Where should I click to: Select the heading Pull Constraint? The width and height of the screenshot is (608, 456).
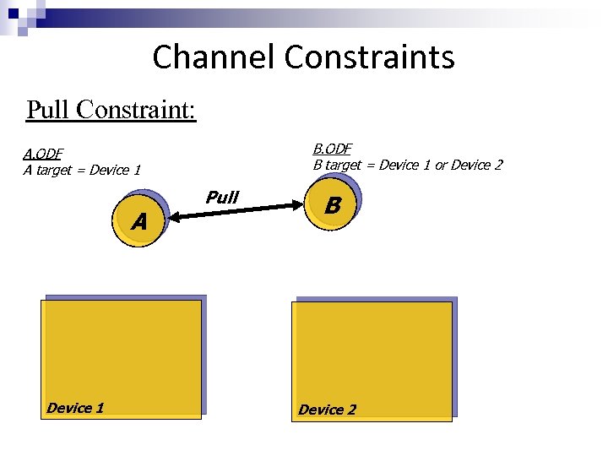coord(111,110)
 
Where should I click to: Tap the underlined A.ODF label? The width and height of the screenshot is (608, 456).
coord(43,154)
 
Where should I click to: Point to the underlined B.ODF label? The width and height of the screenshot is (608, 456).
coord(333,149)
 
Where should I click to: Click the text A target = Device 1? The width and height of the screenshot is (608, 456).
coord(82,170)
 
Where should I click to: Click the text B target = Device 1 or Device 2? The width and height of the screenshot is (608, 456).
coord(407,165)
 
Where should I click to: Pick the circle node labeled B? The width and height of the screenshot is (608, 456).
coord(333,205)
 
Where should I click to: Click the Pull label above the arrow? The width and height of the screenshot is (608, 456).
coord(222,197)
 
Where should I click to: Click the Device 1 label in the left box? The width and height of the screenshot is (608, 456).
coord(75,408)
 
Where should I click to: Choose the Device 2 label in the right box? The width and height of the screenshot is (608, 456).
coord(327,410)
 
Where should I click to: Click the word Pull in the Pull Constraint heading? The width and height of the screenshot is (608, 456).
coord(47,110)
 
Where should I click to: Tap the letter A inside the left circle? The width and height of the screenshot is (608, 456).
coord(139,222)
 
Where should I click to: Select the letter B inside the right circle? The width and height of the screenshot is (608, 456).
coord(333,205)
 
